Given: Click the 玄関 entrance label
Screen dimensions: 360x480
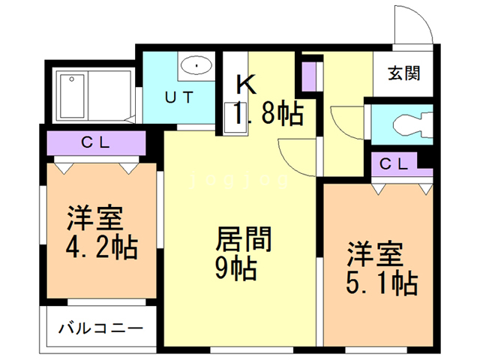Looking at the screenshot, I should point(403,73).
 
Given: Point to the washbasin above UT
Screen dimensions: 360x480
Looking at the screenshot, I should point(196,66).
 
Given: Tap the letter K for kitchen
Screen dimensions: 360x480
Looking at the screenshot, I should point(245,83).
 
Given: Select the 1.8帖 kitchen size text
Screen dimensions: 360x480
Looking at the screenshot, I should point(268,115).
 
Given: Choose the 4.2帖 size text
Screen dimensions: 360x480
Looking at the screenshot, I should point(101,247).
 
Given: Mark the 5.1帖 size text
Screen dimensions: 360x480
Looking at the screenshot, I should point(381,283).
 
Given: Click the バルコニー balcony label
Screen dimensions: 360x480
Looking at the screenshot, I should point(100,328).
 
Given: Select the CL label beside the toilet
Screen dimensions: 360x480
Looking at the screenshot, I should point(393,163).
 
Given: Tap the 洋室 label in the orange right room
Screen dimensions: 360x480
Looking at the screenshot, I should point(374,253).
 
